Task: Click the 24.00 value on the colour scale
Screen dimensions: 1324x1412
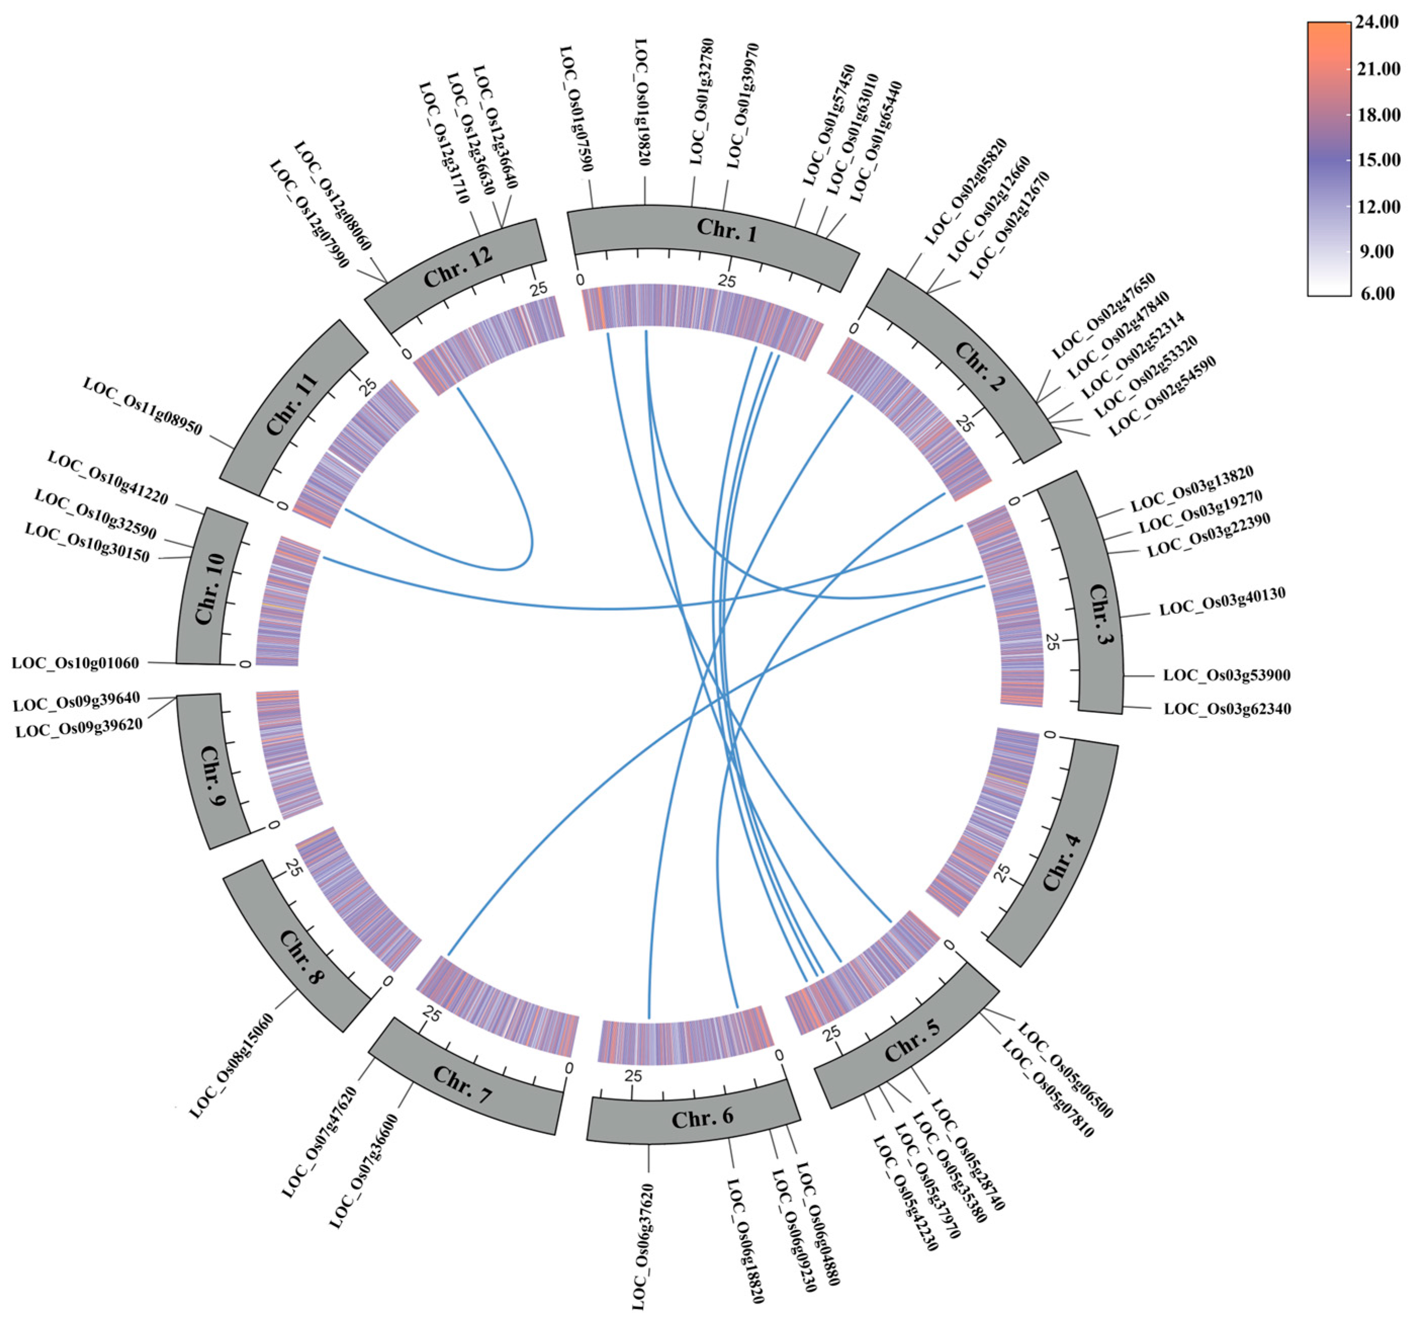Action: pyautogui.click(x=1379, y=23)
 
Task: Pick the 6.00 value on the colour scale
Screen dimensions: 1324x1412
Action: pyautogui.click(x=1379, y=293)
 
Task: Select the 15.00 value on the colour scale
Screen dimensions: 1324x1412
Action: pyautogui.click(x=1379, y=160)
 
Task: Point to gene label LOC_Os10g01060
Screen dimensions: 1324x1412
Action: pyautogui.click(x=75, y=663)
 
